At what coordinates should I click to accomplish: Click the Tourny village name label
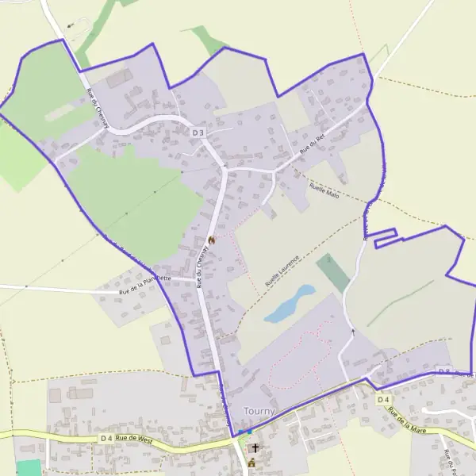click(260, 411)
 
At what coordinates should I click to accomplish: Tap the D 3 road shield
click(198, 132)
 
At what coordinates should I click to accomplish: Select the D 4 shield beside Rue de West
click(107, 438)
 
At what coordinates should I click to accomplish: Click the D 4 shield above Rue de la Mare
click(384, 399)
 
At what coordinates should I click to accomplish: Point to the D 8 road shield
click(444, 371)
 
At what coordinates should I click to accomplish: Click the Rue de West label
click(133, 437)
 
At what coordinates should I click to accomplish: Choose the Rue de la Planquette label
click(144, 284)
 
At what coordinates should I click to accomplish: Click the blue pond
click(289, 304)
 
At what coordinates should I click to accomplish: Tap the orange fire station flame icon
click(211, 240)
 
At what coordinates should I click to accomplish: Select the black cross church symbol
click(255, 448)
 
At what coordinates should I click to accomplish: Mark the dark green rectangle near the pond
click(333, 272)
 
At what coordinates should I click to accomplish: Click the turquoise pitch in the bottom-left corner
click(28, 468)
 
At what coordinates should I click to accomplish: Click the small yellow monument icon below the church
click(252, 463)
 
